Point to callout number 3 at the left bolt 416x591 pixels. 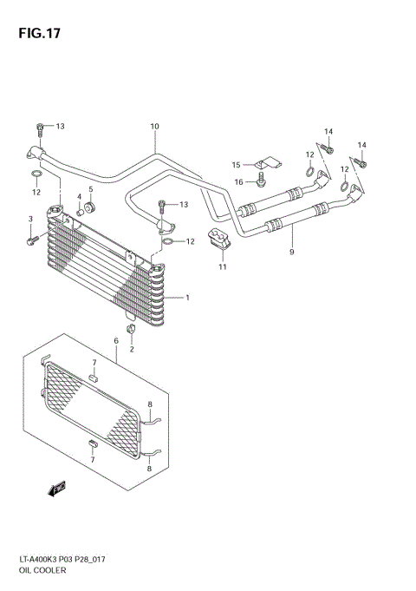79,196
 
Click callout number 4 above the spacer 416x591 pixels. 90,190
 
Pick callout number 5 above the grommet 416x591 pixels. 116,341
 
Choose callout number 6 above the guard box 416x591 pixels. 292,253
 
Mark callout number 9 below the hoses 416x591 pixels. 154,127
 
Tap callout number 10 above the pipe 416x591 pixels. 222,266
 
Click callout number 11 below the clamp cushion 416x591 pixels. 236,165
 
